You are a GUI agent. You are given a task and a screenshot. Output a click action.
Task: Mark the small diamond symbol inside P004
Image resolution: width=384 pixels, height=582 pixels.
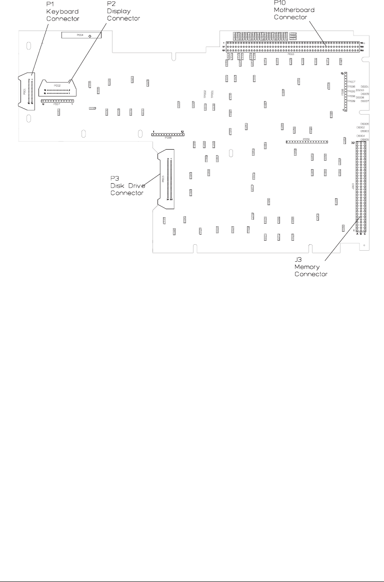(89, 37)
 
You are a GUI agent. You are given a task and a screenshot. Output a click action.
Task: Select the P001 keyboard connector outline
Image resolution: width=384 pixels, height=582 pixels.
(27, 91)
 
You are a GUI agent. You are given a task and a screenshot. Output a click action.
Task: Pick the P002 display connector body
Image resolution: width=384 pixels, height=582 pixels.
(56, 87)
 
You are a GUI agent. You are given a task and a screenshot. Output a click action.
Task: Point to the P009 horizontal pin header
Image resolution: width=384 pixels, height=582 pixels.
(306, 142)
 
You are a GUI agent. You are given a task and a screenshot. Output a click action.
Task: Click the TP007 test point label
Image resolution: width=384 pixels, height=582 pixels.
(351, 82)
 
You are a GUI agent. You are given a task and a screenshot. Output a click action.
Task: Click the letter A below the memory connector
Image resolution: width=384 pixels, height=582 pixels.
(357, 233)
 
